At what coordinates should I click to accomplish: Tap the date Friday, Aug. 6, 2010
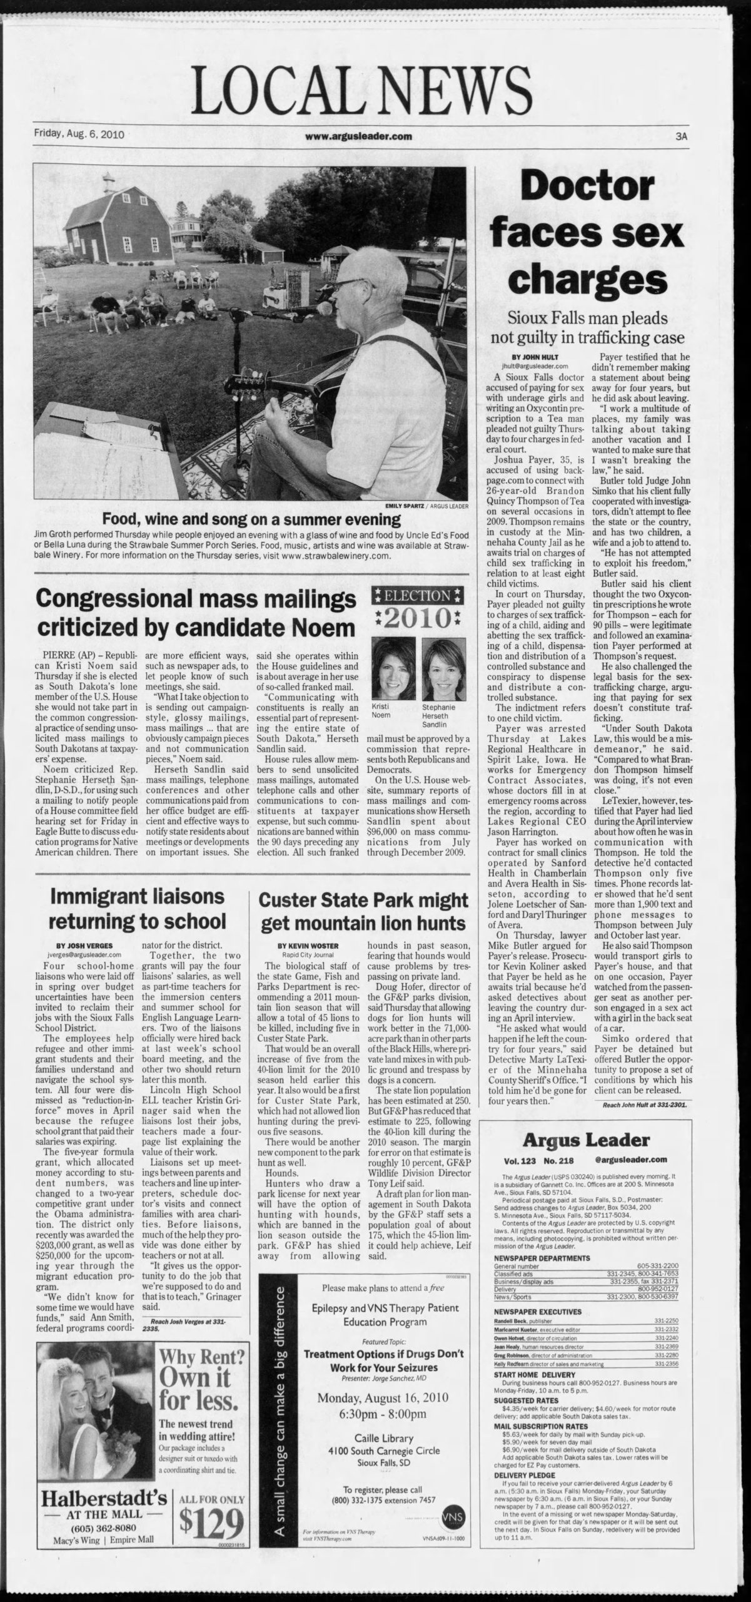(79, 134)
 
